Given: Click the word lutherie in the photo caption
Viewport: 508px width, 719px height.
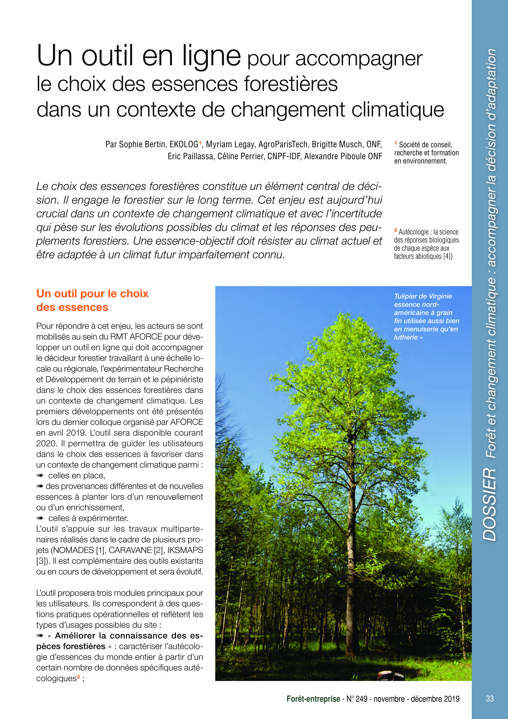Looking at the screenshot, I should tap(406, 337).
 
